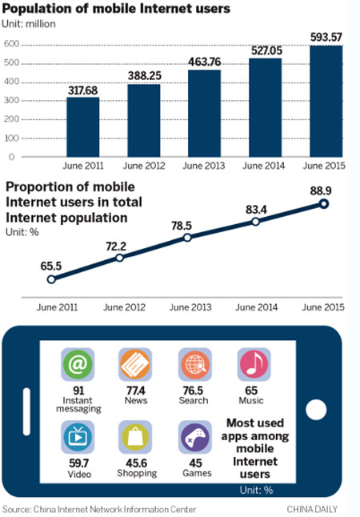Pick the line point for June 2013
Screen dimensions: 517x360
(x=187, y=238)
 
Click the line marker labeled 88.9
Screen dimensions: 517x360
(x=324, y=204)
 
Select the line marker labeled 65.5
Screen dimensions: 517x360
(x=51, y=279)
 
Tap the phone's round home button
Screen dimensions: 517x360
(x=318, y=411)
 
